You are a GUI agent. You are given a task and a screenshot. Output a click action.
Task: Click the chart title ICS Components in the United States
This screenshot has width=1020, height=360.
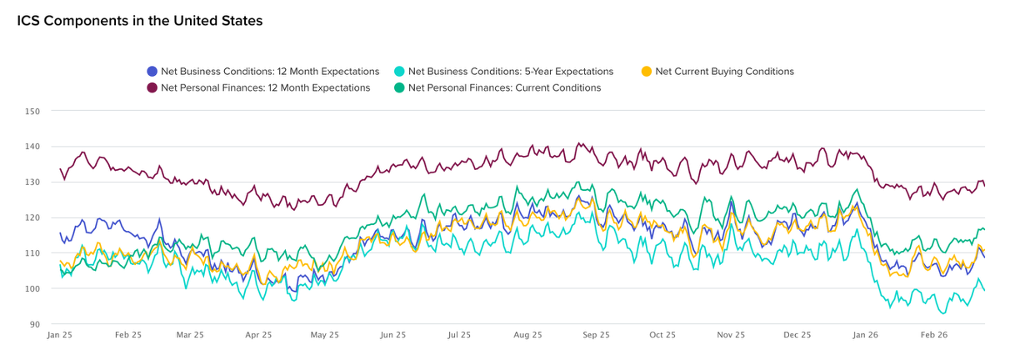[140, 21]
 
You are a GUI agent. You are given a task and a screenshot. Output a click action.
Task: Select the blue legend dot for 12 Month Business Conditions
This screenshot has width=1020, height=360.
[152, 72]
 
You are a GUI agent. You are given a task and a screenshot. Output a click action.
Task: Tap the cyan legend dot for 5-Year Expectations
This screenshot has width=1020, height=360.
[399, 72]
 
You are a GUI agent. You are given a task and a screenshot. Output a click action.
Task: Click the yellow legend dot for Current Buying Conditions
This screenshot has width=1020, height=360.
[646, 72]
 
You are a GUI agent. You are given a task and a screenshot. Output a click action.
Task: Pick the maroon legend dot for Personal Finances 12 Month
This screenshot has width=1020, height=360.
[152, 87]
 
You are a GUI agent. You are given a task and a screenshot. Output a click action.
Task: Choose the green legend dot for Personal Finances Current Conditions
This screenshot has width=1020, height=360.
[399, 87]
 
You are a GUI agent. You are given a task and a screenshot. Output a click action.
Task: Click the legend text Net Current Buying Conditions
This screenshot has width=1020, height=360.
[724, 72]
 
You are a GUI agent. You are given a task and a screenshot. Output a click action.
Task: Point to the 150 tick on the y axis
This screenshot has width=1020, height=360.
[33, 111]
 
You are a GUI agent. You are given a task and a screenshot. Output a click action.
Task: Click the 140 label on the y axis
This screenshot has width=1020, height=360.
[33, 147]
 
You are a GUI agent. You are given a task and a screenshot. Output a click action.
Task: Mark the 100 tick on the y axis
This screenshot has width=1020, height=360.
[33, 289]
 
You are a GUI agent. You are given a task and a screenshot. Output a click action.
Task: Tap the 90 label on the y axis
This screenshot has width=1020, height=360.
[35, 325]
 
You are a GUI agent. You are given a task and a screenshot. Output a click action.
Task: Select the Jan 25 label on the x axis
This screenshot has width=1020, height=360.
[59, 335]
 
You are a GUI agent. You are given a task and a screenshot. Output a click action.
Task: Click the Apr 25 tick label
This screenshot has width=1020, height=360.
[258, 335]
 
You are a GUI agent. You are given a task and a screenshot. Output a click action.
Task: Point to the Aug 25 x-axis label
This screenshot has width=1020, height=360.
[527, 335]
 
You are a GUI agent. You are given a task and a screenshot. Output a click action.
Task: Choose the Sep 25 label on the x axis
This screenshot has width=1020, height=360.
[596, 335]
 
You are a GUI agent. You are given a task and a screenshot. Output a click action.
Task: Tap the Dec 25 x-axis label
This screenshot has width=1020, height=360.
[797, 335]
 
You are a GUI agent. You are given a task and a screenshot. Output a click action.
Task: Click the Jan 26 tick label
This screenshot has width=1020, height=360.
[866, 335]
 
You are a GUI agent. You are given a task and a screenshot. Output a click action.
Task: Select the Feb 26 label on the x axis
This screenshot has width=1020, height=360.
[933, 335]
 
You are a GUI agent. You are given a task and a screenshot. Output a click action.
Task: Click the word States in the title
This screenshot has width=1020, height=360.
[240, 21]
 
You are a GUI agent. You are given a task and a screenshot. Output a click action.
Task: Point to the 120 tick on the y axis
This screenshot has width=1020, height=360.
[33, 217]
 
